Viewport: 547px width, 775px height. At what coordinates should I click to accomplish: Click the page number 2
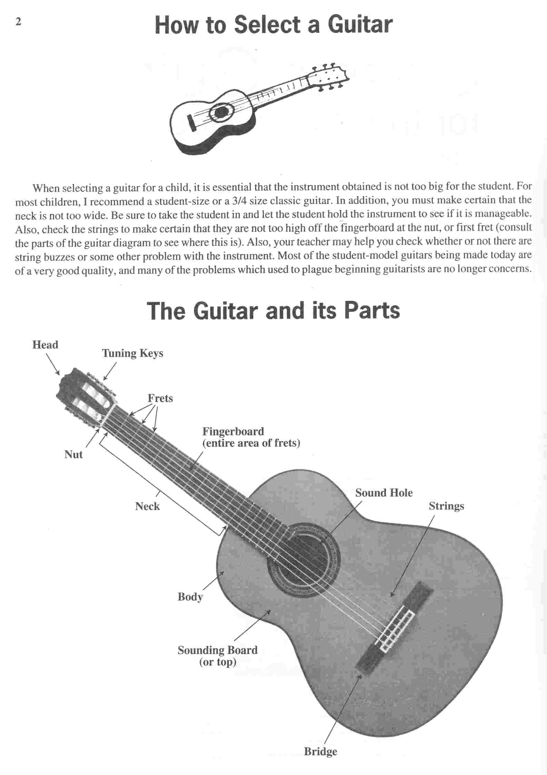coord(18,22)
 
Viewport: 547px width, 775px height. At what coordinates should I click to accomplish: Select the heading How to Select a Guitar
coord(274,25)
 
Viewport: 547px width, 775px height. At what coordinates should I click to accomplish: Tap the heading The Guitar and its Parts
coord(273,310)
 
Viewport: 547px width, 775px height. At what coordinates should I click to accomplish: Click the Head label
coord(45,345)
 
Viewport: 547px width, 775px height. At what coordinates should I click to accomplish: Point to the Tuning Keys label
coord(132,354)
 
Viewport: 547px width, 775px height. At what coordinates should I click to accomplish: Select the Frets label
coord(160,398)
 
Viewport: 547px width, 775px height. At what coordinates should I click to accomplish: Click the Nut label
coord(73,454)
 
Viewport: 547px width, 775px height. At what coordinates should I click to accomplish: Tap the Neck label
coord(147,506)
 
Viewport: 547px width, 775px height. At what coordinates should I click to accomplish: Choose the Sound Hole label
coord(384,493)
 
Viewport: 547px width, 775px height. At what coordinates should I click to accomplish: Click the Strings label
coord(446,507)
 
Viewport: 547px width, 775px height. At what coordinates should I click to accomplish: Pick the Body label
coord(190,597)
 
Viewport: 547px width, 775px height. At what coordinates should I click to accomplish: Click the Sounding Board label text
coord(218,650)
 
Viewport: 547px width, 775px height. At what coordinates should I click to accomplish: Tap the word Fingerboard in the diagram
coord(233,432)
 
